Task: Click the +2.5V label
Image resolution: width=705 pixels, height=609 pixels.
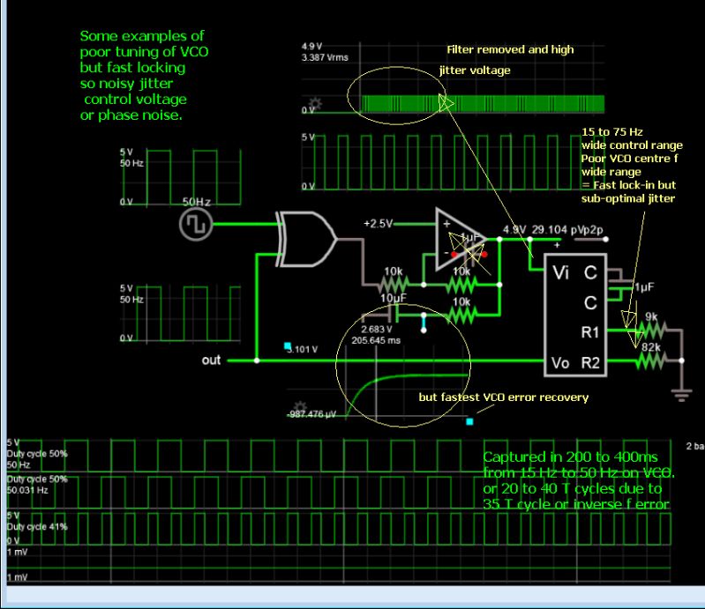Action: tap(378, 224)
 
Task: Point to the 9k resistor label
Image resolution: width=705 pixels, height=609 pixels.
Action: tap(650, 316)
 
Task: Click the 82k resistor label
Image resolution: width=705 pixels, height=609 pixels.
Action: tap(651, 347)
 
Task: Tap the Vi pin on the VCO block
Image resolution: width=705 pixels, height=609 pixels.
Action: tap(561, 272)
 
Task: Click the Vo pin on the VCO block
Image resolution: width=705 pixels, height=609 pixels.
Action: tap(561, 362)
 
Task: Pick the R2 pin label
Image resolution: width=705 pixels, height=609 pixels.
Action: tap(591, 362)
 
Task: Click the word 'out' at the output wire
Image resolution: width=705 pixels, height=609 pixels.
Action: tap(212, 360)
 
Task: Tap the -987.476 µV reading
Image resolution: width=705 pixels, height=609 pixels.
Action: tap(312, 414)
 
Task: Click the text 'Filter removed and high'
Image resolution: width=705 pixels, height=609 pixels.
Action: tap(510, 49)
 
